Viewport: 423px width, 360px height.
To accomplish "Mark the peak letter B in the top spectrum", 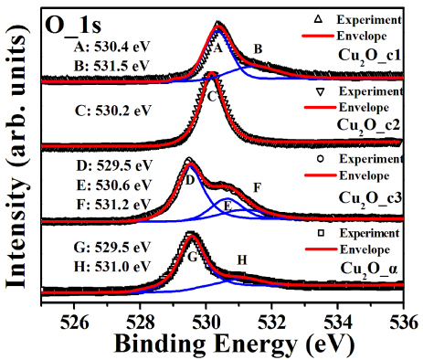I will click(259, 48).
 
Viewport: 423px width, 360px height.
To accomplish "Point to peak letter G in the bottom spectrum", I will click(193, 258).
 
